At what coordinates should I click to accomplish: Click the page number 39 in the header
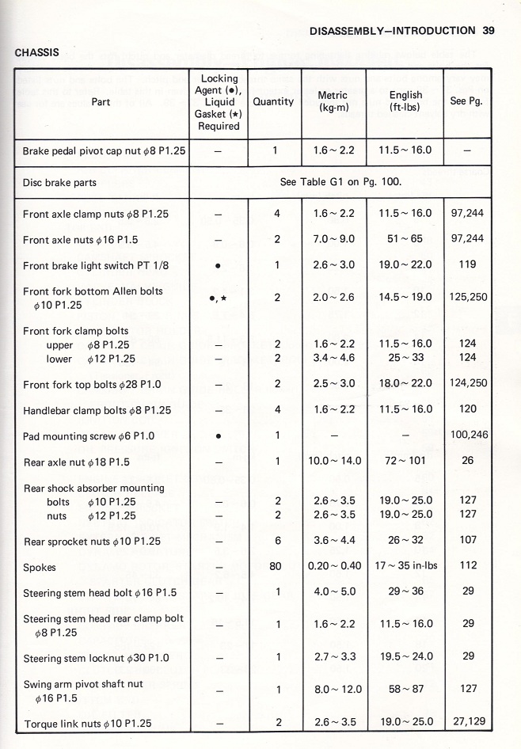click(488, 31)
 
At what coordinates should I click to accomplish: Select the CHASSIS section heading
click(38, 53)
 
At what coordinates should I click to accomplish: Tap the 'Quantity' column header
click(273, 102)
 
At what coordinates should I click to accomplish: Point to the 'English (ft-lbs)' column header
click(405, 101)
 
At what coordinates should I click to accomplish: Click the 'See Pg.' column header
click(466, 102)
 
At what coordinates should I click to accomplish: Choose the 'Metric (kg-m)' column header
click(333, 101)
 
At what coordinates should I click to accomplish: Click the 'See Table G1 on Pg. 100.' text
click(340, 182)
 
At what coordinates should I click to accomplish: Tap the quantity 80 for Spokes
click(276, 567)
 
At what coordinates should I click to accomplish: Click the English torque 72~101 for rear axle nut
click(405, 462)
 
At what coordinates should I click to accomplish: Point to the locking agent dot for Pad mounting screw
click(218, 436)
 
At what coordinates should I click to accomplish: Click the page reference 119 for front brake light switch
click(467, 265)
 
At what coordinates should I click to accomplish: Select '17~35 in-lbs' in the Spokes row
click(405, 567)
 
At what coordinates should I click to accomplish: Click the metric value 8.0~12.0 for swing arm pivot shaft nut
click(333, 690)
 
